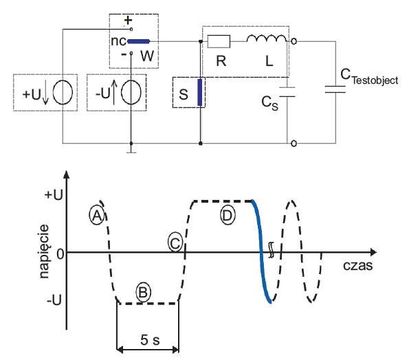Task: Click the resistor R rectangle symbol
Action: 219,41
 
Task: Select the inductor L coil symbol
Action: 266,38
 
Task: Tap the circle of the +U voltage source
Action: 63,93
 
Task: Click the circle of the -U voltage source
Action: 131,93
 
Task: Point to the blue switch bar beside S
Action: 200,92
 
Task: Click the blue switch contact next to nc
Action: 138,41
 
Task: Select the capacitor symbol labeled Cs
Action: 287,92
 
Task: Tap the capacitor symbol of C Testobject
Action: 335,89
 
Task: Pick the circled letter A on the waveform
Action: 97,216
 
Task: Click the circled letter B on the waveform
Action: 143,292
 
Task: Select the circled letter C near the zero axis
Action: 175,243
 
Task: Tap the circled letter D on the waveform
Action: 228,216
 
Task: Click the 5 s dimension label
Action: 150,339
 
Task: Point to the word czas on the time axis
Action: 358,266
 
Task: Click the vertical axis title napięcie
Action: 45,252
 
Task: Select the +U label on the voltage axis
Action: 54,194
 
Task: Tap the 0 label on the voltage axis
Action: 60,254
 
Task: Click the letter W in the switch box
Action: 147,56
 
